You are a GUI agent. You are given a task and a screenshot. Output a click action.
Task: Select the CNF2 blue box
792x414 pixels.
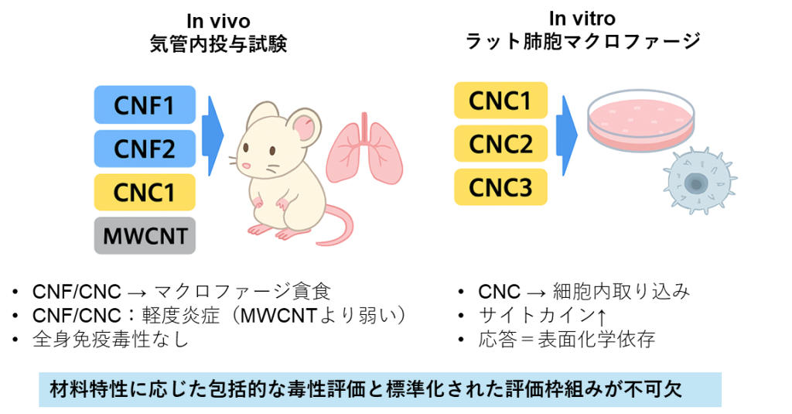[x=145, y=149]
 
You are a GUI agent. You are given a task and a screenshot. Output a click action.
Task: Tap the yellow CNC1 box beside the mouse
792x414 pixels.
[x=145, y=193]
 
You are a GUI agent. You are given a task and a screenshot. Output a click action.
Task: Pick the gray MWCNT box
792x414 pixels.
[x=145, y=236]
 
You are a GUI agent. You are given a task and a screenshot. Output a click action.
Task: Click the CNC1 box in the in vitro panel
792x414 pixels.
[x=501, y=101]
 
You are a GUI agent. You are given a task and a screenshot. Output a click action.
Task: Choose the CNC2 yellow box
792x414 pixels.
[x=501, y=144]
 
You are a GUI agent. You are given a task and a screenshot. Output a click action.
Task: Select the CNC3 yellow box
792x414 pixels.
[x=501, y=187]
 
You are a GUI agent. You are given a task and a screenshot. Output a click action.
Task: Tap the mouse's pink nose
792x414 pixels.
[x=246, y=166]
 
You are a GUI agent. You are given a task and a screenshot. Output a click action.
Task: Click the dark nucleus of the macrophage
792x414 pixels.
[x=695, y=184]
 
